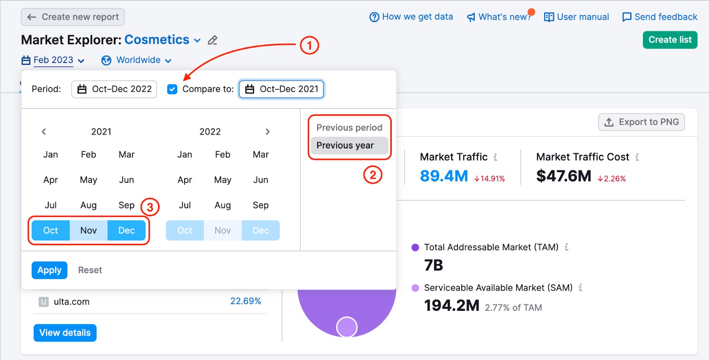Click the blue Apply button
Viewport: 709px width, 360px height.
coord(49,270)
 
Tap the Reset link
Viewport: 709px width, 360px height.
coord(90,270)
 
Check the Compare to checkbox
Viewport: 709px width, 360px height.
coord(172,89)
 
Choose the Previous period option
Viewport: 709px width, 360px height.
coord(350,128)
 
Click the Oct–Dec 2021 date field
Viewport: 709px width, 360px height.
coord(281,89)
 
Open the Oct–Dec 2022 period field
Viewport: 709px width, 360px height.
coord(114,89)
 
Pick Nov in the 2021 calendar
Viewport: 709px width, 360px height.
coord(89,230)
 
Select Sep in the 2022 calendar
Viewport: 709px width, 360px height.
coord(261,205)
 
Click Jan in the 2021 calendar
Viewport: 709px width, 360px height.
coord(51,155)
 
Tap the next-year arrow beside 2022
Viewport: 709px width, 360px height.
coord(268,132)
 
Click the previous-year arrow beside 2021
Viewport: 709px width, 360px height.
coord(44,132)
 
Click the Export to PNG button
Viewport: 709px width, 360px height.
coord(641,122)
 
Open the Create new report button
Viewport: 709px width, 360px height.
coord(73,17)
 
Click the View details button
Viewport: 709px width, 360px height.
coord(65,333)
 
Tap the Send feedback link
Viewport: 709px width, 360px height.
coord(660,17)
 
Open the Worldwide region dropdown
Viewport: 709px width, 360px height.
coord(136,60)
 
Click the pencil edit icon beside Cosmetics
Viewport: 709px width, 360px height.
coord(212,40)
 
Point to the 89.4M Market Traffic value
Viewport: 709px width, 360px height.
coord(444,176)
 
